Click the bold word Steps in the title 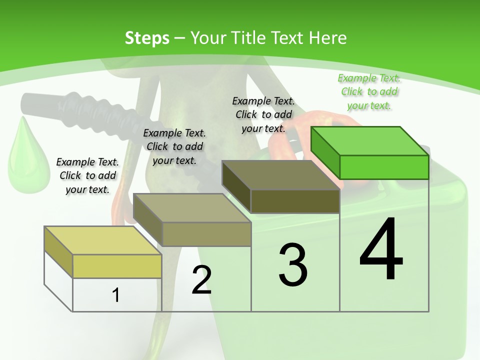[x=147, y=38]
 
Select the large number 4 [x=381, y=250]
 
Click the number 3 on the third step [x=293, y=265]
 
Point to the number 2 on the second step [x=201, y=280]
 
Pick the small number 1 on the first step [x=116, y=295]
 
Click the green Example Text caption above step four [x=369, y=91]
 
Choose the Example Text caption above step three [x=263, y=114]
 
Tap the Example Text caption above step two [x=174, y=146]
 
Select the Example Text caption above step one [x=87, y=175]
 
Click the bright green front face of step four [x=384, y=167]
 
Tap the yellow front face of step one [x=117, y=266]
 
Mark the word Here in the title [x=326, y=38]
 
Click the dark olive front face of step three [x=295, y=201]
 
